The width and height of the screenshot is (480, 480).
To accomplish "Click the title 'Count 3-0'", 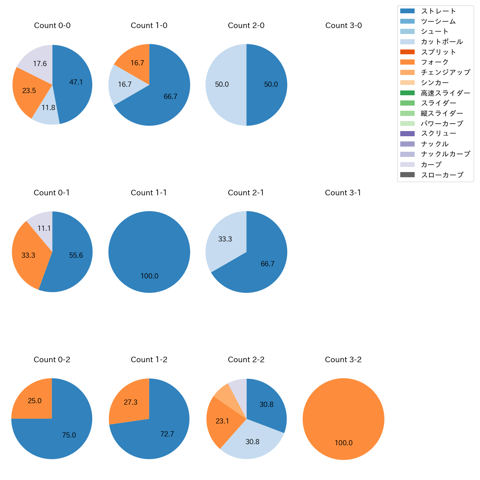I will [x=343, y=25].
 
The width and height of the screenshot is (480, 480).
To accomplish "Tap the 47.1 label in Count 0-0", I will [x=76, y=82].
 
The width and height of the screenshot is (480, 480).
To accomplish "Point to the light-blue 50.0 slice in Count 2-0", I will [x=222, y=85].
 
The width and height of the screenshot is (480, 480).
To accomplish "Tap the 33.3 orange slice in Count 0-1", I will [x=28, y=255].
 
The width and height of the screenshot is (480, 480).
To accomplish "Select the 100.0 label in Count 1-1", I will [x=149, y=276].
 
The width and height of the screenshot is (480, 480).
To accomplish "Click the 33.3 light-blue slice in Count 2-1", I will [x=224, y=239].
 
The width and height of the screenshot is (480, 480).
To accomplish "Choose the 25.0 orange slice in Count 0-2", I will [x=34, y=401].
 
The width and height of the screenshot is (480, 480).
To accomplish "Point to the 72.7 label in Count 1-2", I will [x=167, y=434].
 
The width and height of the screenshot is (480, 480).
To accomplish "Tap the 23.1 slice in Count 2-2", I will [x=222, y=421].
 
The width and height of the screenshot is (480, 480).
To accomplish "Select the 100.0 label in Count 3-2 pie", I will [x=343, y=443].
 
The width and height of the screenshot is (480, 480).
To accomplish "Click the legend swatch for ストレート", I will [x=407, y=11].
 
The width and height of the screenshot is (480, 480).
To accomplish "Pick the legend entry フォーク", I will [x=435, y=62].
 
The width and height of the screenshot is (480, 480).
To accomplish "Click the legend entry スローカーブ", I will [x=442, y=175].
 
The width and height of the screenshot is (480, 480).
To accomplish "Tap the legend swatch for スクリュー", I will [x=407, y=134].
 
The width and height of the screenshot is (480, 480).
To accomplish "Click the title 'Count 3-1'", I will [x=343, y=193].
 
